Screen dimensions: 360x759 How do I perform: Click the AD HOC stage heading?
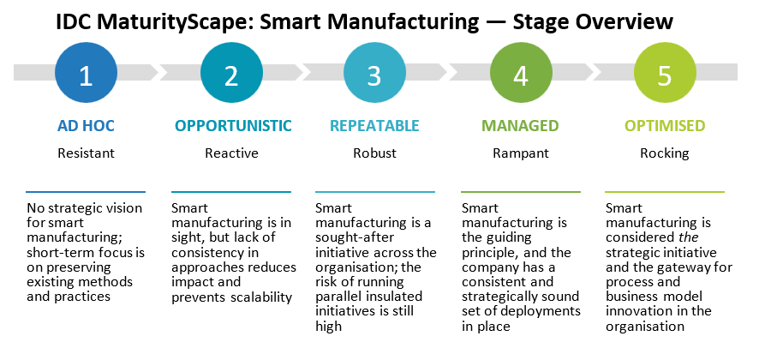86,126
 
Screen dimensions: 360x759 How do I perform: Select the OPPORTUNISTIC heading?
233,126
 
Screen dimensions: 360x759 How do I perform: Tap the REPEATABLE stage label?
375,126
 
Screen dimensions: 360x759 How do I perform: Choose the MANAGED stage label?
520,126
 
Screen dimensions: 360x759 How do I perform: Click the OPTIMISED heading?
665,126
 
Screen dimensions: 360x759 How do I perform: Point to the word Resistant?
86,153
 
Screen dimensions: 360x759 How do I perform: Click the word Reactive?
231,153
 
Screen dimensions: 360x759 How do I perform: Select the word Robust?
374,153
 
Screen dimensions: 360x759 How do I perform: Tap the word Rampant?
520,153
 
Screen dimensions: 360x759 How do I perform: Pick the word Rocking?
664,153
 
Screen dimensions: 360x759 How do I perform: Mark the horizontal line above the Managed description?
520,191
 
